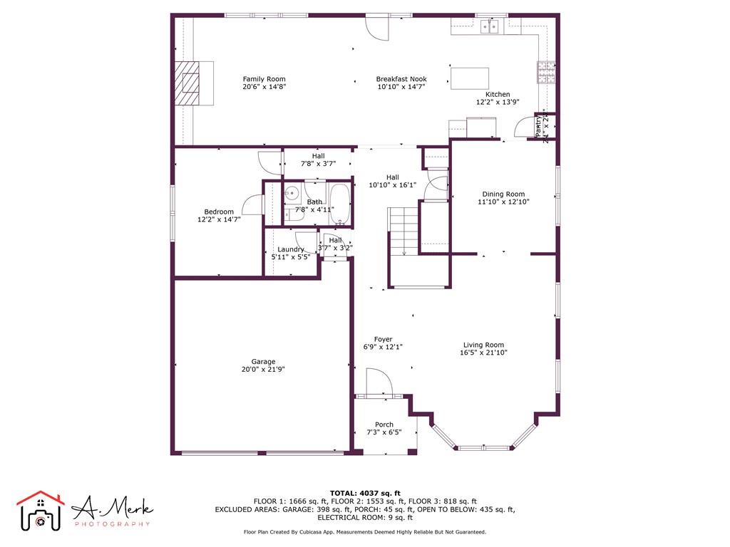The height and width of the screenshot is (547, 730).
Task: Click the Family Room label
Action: pyautogui.click(x=264, y=79)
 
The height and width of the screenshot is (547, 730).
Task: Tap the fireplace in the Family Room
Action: pyautogui.click(x=190, y=83)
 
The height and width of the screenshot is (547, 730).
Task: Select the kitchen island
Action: pyautogui.click(x=469, y=78)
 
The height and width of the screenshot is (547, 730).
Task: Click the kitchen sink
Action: pyautogui.click(x=490, y=27)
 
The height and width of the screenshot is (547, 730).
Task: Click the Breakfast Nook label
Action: pyautogui.click(x=401, y=79)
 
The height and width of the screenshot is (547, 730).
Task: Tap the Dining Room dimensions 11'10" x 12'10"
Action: pyautogui.click(x=503, y=202)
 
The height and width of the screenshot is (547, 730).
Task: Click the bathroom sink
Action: pyautogui.click(x=292, y=193)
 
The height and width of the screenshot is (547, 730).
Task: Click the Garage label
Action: pyautogui.click(x=262, y=361)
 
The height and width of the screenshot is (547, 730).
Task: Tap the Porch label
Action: pyautogui.click(x=384, y=424)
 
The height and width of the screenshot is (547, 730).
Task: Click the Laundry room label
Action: pyautogui.click(x=291, y=249)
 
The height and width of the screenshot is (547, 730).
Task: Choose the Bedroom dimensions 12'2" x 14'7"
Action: pyautogui.click(x=219, y=220)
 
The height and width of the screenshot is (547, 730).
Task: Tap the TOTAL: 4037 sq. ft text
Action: pyautogui.click(x=365, y=493)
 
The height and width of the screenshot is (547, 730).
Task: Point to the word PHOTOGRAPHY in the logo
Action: pyautogui.click(x=113, y=524)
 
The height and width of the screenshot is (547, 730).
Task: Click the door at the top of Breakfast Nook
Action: pyautogui.click(x=378, y=27)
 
